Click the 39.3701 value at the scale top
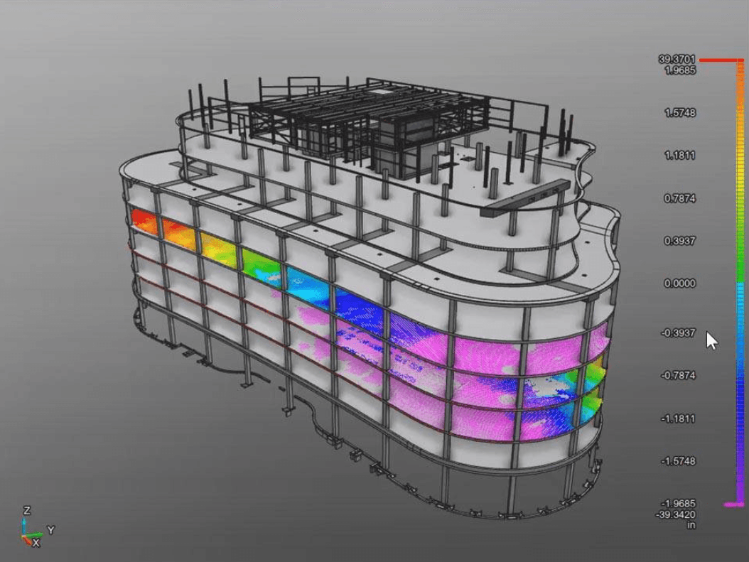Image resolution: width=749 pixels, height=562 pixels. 677,59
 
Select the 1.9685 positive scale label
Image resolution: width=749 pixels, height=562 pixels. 680,70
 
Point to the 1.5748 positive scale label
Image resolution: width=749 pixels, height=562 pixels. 680,113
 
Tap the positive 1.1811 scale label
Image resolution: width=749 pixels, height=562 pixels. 680,155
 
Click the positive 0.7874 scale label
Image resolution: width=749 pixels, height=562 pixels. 680,198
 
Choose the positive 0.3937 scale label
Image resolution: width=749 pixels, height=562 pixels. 680,241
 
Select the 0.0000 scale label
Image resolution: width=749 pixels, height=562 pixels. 680,283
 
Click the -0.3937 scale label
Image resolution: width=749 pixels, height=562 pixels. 678,333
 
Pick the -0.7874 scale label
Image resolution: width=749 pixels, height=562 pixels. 678,375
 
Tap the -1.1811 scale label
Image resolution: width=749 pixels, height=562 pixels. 678,418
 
